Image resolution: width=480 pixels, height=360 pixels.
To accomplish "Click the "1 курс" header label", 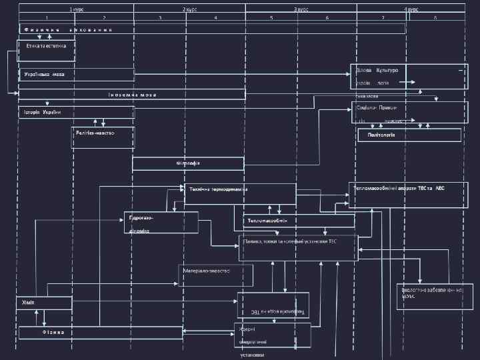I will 76,9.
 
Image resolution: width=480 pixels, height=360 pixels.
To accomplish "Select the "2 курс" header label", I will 189,9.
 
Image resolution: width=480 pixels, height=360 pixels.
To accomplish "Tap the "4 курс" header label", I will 411,9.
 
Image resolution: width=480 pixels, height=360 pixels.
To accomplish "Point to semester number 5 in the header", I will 271,17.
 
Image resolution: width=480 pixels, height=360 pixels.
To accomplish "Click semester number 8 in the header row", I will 435,17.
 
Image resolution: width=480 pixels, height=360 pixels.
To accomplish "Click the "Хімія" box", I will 44,303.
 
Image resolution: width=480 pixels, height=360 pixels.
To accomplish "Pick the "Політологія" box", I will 409,135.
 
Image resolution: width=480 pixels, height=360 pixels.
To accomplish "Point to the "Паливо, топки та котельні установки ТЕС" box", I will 298,247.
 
